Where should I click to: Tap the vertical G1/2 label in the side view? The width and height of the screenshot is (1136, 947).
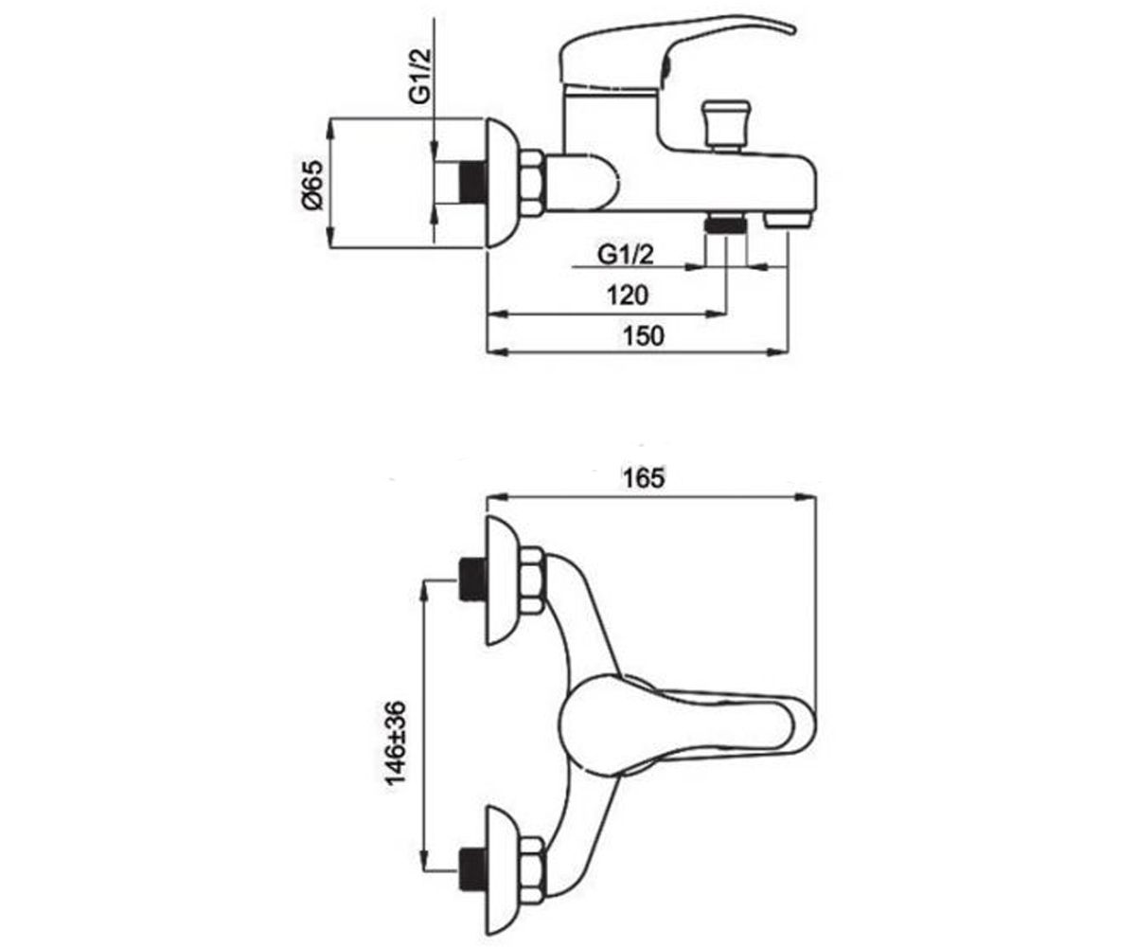tap(420, 75)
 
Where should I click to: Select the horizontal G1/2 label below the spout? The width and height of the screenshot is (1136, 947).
tap(625, 254)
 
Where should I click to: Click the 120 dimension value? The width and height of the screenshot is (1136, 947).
tap(628, 295)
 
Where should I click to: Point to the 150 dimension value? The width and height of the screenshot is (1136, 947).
tap(644, 335)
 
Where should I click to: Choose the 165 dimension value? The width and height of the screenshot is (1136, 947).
tap(644, 478)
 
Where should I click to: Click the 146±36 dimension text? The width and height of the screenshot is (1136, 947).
tap(396, 742)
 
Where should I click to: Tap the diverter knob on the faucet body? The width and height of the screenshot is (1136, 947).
tap(726, 125)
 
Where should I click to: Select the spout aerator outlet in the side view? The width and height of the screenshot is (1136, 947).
tap(788, 221)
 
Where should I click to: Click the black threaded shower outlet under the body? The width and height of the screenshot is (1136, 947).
tap(725, 223)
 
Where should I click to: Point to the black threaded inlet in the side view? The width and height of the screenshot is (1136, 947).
tap(473, 183)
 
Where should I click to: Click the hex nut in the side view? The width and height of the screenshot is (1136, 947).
tap(532, 184)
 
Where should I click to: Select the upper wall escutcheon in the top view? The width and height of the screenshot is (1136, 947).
tap(502, 581)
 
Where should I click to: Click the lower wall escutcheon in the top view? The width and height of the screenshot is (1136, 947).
tap(502, 870)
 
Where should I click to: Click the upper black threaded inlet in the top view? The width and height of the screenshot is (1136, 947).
tap(472, 580)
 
